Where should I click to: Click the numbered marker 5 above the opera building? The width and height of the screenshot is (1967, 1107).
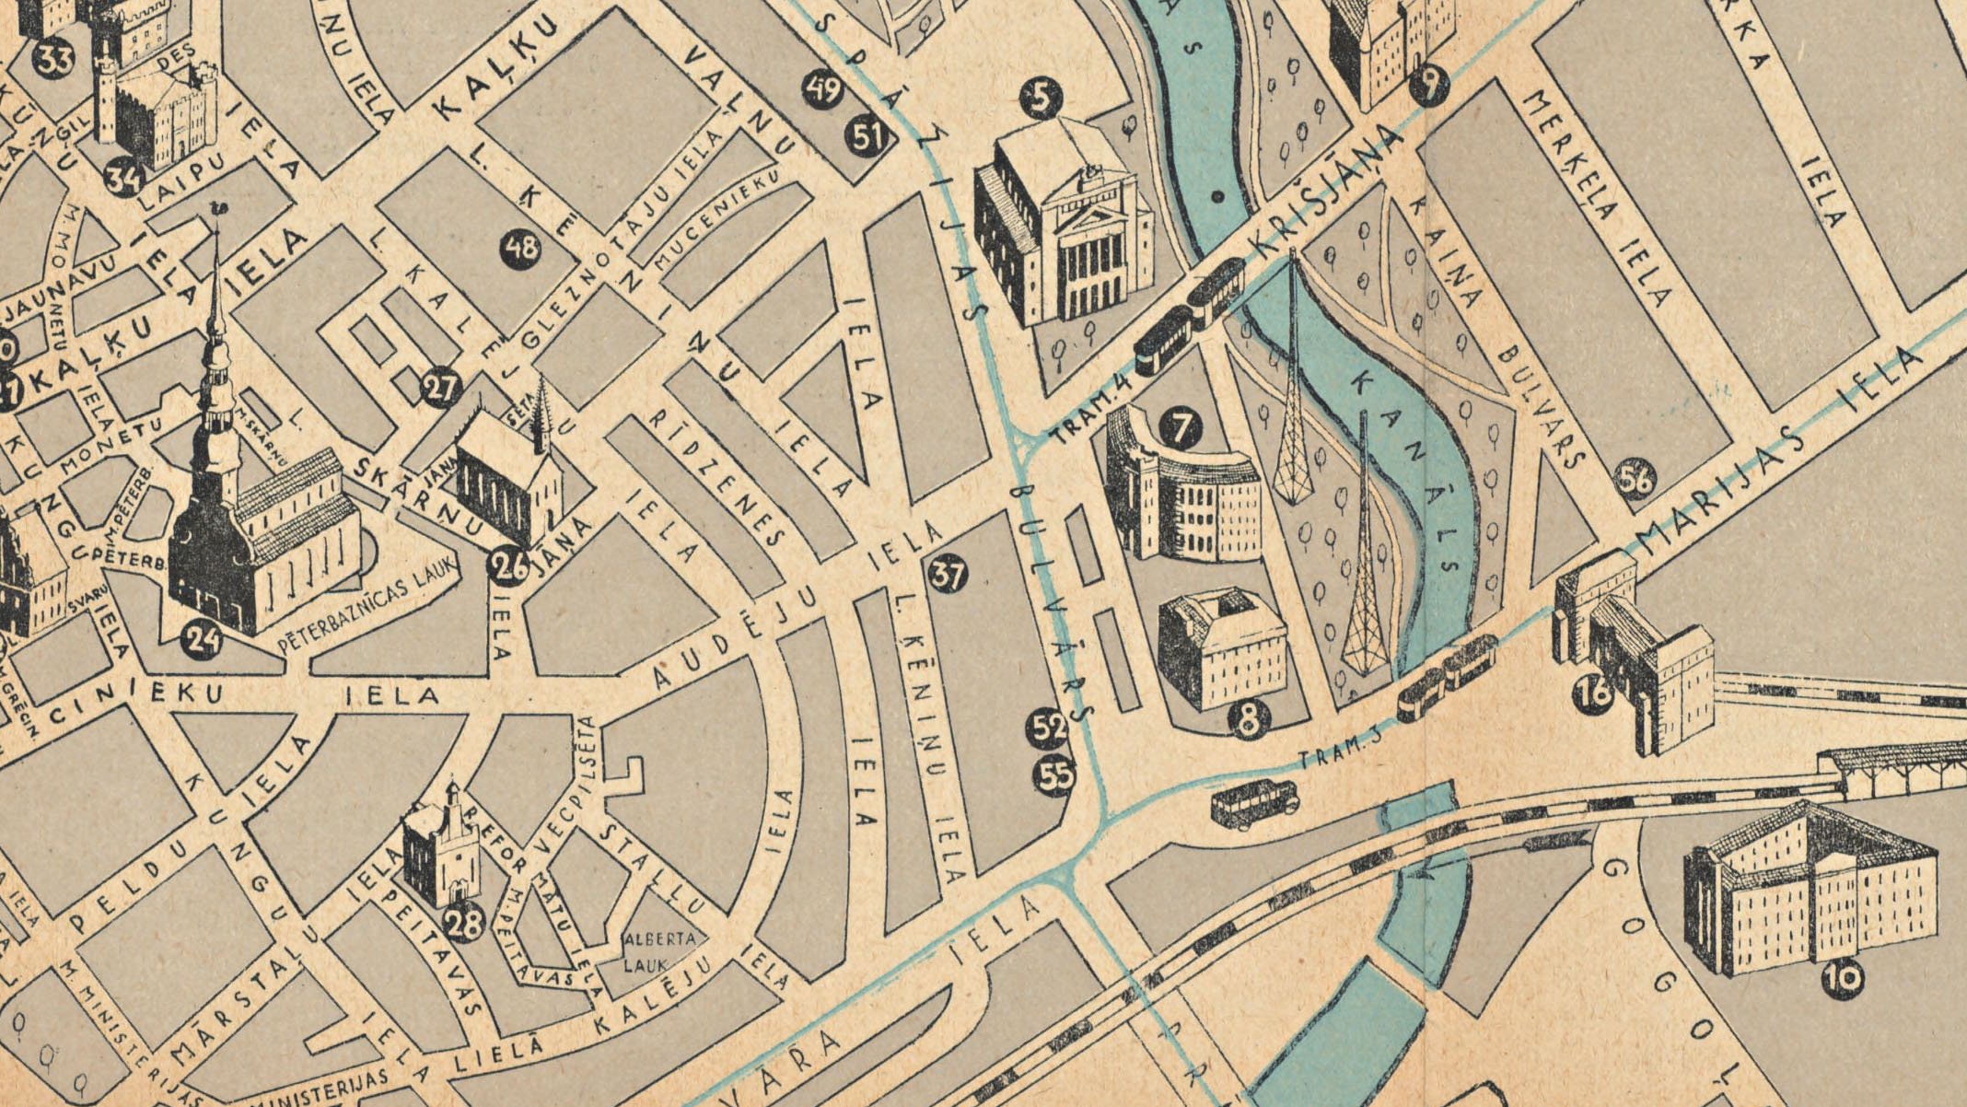(1041, 99)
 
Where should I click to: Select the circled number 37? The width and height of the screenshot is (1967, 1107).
(948, 575)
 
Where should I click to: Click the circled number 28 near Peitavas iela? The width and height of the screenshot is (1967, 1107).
(464, 922)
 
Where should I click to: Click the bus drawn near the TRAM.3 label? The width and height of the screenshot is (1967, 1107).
(1253, 803)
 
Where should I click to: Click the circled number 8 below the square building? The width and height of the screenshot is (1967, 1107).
(1249, 721)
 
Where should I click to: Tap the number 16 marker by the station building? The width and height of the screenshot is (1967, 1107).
(1595, 690)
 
